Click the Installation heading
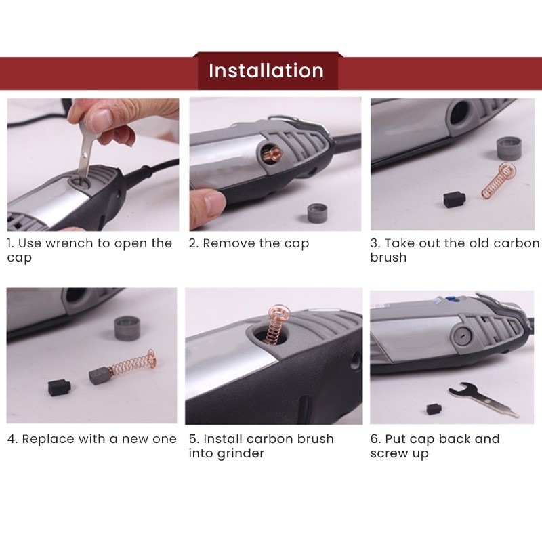pos(266,70)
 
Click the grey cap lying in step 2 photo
pos(317,213)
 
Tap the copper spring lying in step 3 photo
pos(499,182)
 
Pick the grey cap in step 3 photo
pos(509,148)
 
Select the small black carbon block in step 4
pos(60,388)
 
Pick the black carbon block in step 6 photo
pos(432,409)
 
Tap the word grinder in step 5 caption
pos(241,453)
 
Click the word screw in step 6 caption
pos(388,453)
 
